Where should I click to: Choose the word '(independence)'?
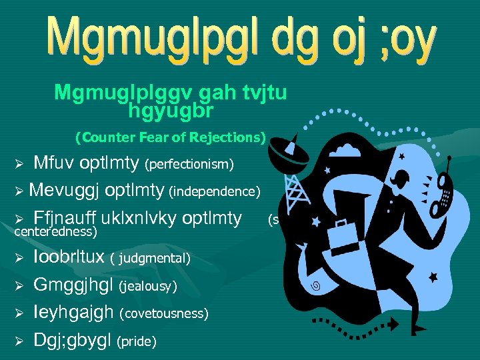pyautogui.click(x=214, y=193)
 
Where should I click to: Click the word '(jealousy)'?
pyautogui.click(x=148, y=286)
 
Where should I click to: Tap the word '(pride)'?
pyautogui.click(x=137, y=342)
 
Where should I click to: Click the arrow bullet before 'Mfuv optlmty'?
pyautogui.click(x=19, y=164)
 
